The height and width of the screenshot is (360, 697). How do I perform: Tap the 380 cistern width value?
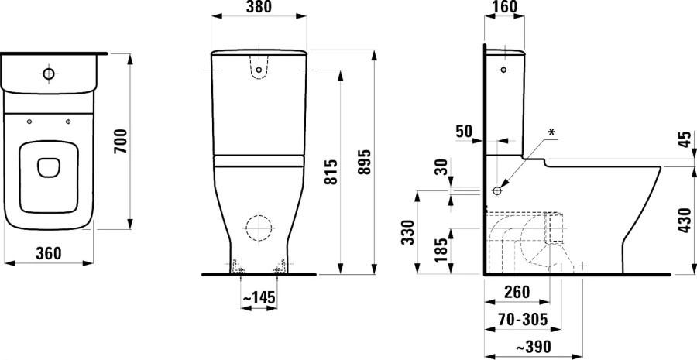pyautogui.click(x=259, y=10)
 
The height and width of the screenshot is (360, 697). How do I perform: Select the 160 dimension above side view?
pyautogui.click(x=503, y=10)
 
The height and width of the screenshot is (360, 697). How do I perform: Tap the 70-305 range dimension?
pyautogui.click(x=524, y=318)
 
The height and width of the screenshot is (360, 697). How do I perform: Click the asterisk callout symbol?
pyautogui.click(x=551, y=132)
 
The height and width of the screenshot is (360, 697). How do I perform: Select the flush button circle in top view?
pyautogui.click(x=49, y=74)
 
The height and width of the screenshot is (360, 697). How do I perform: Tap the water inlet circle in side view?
pyautogui.click(x=498, y=190)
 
